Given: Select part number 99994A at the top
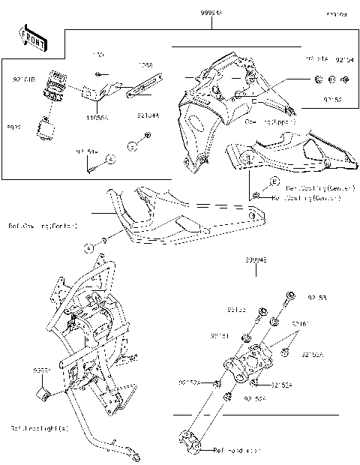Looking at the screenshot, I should tap(211, 13).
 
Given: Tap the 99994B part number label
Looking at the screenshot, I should tap(255, 262).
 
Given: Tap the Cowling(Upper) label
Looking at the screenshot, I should tap(270, 121).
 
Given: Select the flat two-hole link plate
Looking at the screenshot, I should tap(139, 94).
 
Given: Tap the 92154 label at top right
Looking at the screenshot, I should tap(343, 58).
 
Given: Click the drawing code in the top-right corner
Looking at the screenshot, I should tap(335, 14).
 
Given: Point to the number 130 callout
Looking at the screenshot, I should tap(97, 55).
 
